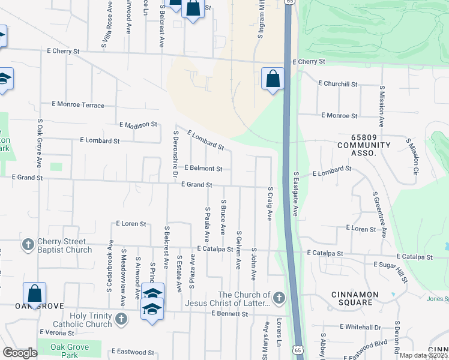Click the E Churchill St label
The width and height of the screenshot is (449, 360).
pos(338,83)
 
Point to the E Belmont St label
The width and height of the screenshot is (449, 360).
pos(203,169)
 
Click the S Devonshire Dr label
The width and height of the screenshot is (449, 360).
pos(175,153)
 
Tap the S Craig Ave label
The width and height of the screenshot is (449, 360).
pos(270,206)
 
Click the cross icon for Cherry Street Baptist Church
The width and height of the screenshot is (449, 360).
pos(28,245)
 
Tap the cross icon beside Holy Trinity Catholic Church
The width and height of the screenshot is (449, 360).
pos(121,318)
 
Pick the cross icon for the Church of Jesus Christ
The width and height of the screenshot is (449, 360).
pos(278,298)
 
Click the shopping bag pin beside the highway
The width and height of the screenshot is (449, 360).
pos(273,79)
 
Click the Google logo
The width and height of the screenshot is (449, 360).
pos(20,352)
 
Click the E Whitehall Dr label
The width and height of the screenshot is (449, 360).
pos(360,327)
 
